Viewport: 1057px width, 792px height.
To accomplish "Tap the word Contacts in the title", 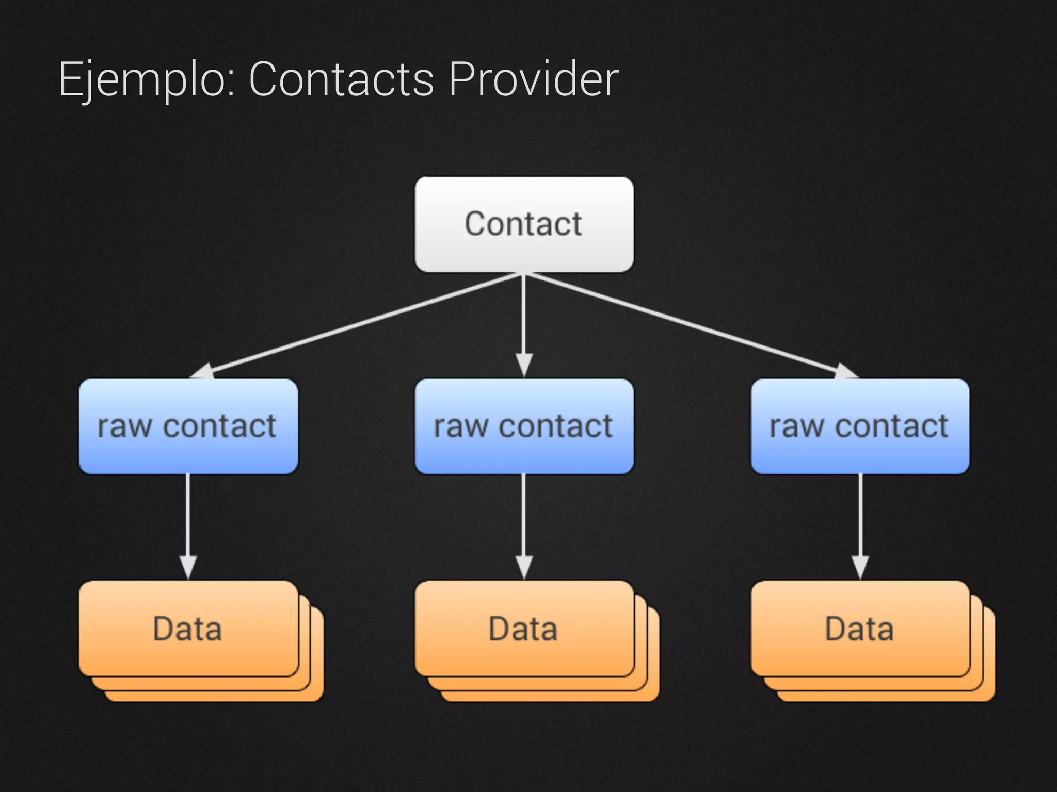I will [341, 79].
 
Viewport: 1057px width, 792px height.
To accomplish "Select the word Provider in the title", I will [533, 79].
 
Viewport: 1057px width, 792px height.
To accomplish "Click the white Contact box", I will [524, 224].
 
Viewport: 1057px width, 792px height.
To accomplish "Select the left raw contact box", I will [188, 426].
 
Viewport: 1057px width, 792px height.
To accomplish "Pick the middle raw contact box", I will [524, 426].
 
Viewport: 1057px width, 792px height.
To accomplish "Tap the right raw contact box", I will [860, 426].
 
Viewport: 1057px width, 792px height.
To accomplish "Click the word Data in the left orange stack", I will [187, 629].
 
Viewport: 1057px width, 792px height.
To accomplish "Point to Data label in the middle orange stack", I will [523, 629].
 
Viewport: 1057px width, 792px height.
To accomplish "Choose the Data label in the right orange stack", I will [859, 629].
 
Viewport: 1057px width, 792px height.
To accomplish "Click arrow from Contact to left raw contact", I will [361, 324].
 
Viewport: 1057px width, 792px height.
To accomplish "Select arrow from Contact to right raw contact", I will [686, 324].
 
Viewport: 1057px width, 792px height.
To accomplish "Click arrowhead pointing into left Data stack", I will [188, 567].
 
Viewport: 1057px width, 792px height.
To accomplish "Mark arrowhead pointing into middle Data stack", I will [524, 567].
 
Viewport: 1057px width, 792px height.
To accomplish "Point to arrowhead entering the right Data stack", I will [860, 567].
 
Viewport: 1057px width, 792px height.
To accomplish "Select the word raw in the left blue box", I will [124, 427].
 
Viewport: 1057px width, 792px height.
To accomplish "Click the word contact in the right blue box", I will [891, 427].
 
